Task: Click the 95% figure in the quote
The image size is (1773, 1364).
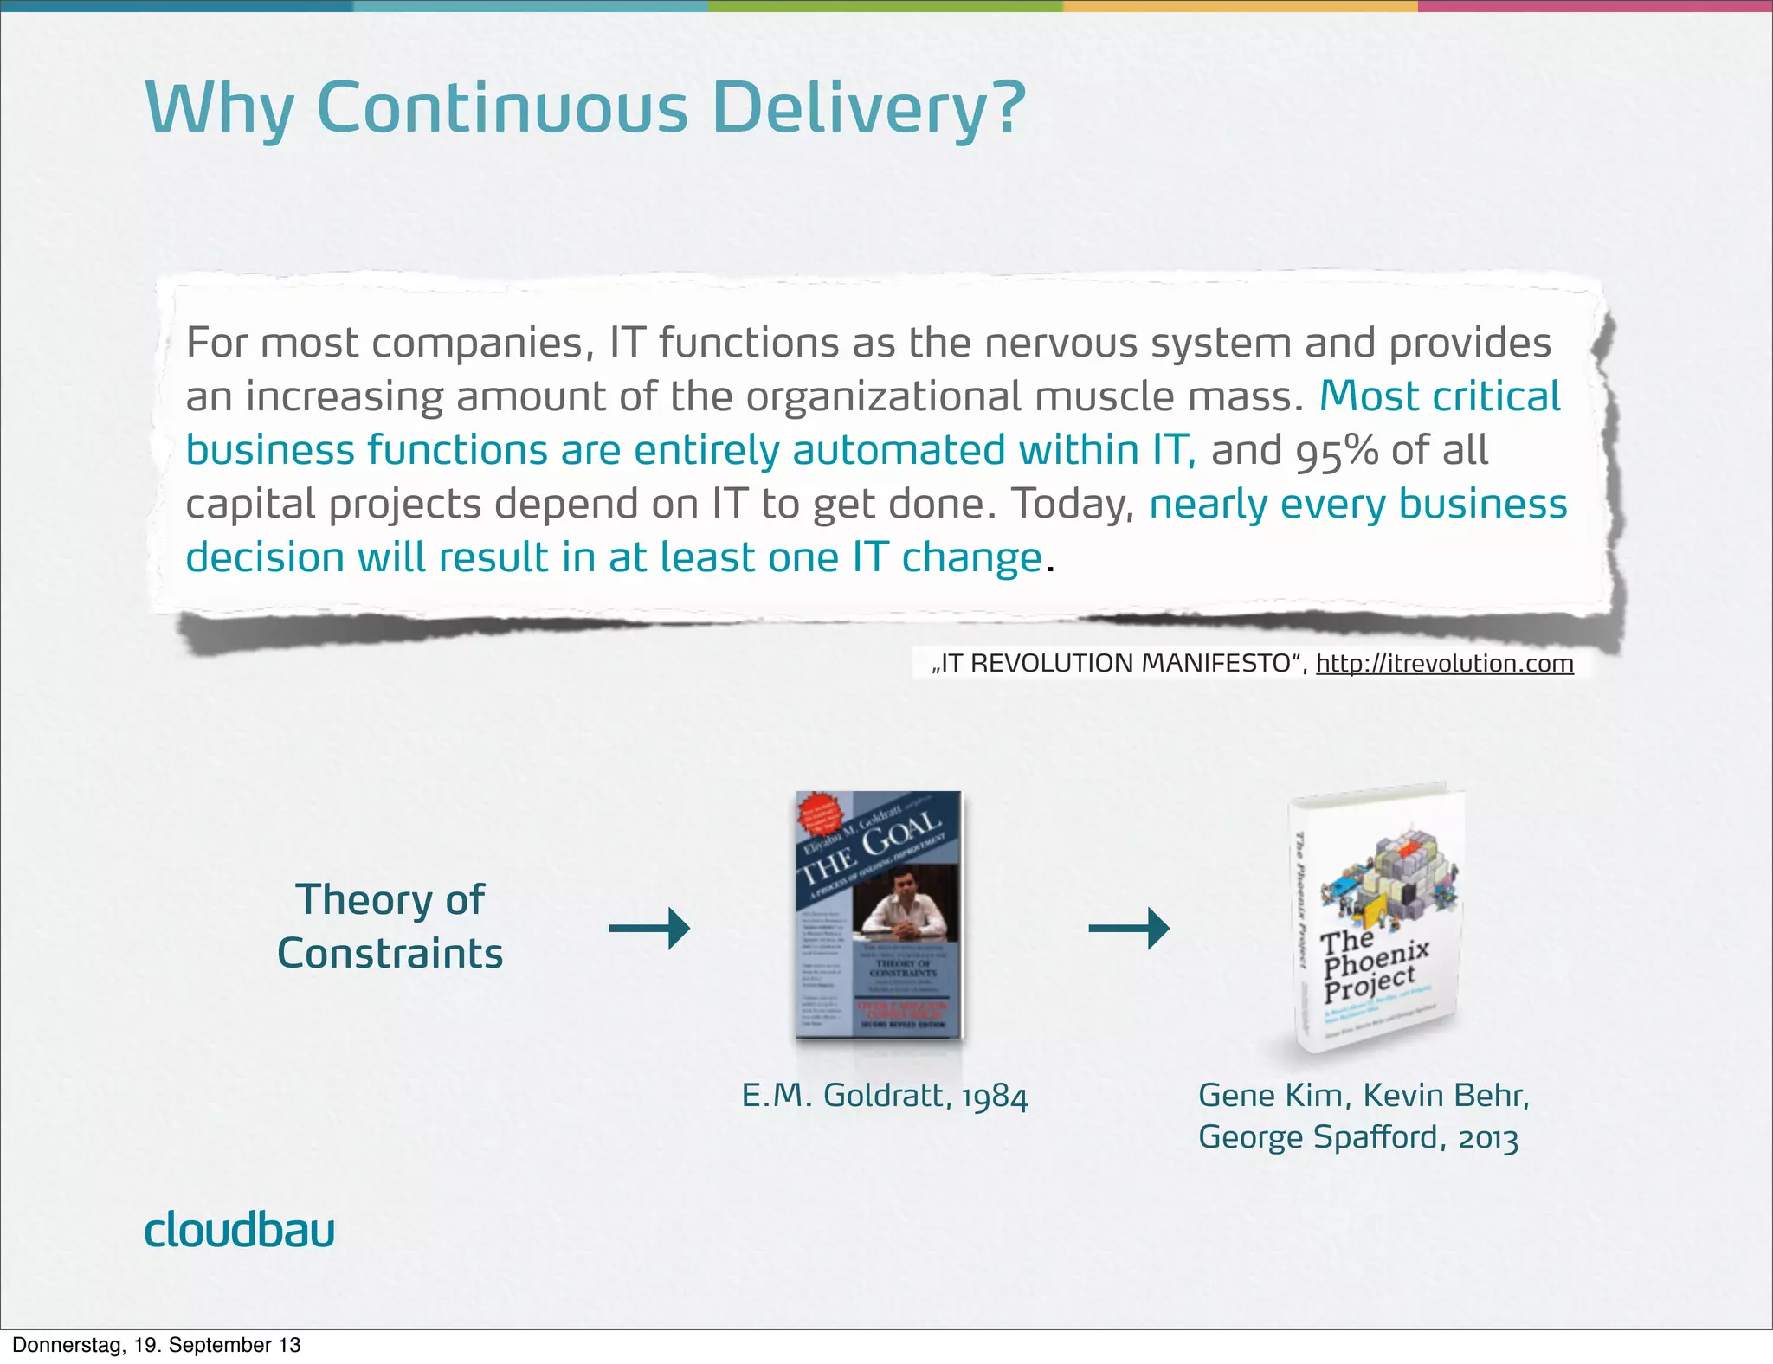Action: [x=1337, y=451]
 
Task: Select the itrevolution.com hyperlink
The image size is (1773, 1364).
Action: [x=1444, y=664]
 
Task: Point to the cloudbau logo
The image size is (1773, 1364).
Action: [x=239, y=1230]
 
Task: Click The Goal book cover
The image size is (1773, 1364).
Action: [x=879, y=915]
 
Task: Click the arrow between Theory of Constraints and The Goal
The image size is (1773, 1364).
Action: [x=649, y=929]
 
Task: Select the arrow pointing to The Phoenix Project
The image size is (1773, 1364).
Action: [x=1128, y=929]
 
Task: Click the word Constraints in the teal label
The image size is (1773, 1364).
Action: [x=390, y=954]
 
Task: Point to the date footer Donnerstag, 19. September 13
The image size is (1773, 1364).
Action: [x=157, y=1345]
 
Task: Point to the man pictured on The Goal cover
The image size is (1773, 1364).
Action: [x=904, y=909]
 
